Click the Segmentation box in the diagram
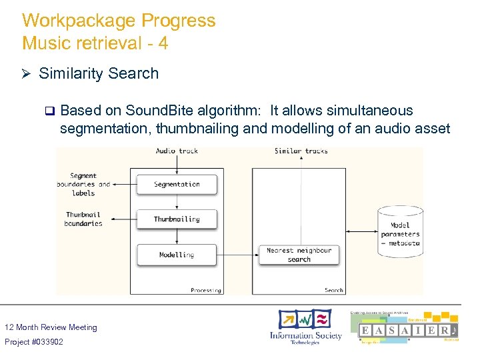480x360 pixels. [x=177, y=184]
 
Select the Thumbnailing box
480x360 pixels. [x=177, y=219]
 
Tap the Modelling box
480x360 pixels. [x=177, y=255]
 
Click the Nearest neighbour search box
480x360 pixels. [x=299, y=255]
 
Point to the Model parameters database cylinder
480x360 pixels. [x=400, y=230]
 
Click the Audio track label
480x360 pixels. [x=177, y=151]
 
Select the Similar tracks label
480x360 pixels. [x=301, y=151]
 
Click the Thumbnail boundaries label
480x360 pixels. [x=84, y=219]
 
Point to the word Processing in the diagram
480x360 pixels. [x=205, y=290]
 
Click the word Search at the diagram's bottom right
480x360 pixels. [x=333, y=290]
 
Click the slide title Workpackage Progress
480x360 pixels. [x=119, y=21]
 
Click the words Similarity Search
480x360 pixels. [x=99, y=73]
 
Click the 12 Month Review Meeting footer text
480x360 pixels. [x=51, y=327]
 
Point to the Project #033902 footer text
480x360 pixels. [x=34, y=342]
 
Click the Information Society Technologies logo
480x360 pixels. [x=305, y=327]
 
